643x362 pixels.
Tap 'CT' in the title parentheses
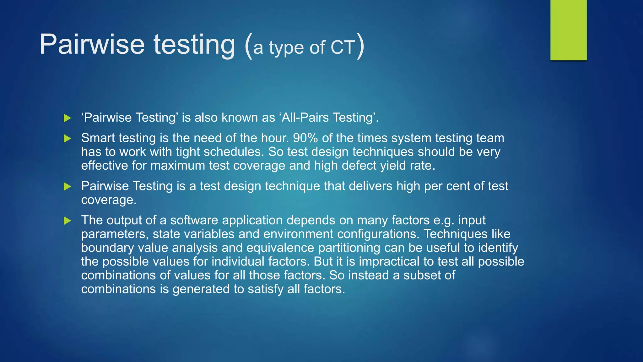pos(343,48)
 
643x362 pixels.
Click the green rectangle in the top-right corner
pos(568,30)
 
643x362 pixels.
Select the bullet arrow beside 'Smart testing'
pos(67,138)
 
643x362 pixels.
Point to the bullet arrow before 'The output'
pos(67,221)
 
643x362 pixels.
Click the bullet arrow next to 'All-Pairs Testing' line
pos(67,118)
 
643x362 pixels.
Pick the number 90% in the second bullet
pos(305,138)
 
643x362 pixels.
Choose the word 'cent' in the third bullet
pos(458,186)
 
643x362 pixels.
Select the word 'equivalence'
pos(280,248)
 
